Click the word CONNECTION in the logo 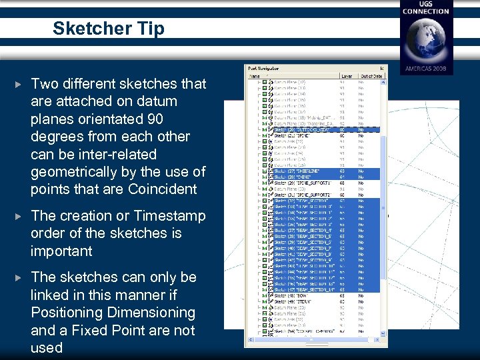coord(426,11)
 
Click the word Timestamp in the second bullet coord(169,215)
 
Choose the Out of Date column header coord(371,76)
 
